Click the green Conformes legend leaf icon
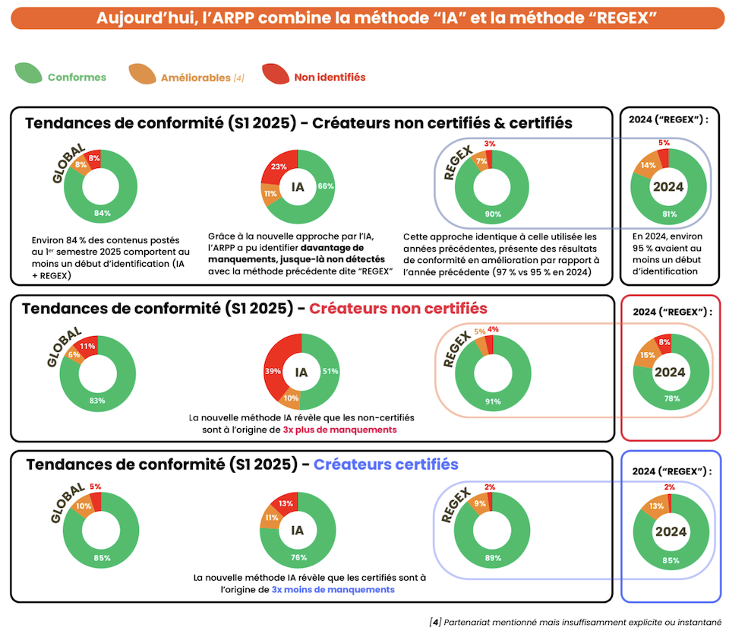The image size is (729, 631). coord(29,75)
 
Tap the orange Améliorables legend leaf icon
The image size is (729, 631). coord(142,75)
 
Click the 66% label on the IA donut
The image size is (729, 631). coord(326,186)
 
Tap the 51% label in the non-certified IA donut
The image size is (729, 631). coord(330,372)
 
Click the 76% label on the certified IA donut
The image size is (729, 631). coord(298,557)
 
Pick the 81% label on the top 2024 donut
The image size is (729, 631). coord(670,214)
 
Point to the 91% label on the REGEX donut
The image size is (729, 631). coord(494,401)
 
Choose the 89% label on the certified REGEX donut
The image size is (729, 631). coord(494,559)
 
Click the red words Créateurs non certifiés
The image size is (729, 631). coord(398,309)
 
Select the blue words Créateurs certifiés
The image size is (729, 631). coord(386,464)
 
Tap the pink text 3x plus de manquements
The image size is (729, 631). coord(339,430)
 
